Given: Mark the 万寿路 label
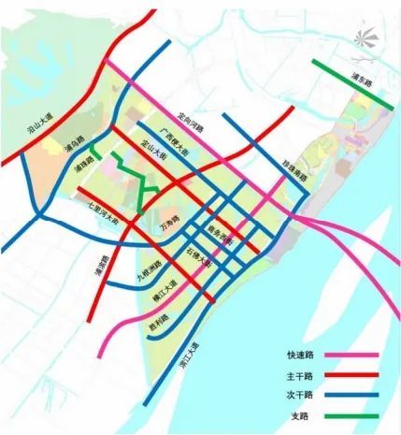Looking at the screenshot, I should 171,224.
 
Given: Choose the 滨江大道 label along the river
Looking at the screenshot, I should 192,351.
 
